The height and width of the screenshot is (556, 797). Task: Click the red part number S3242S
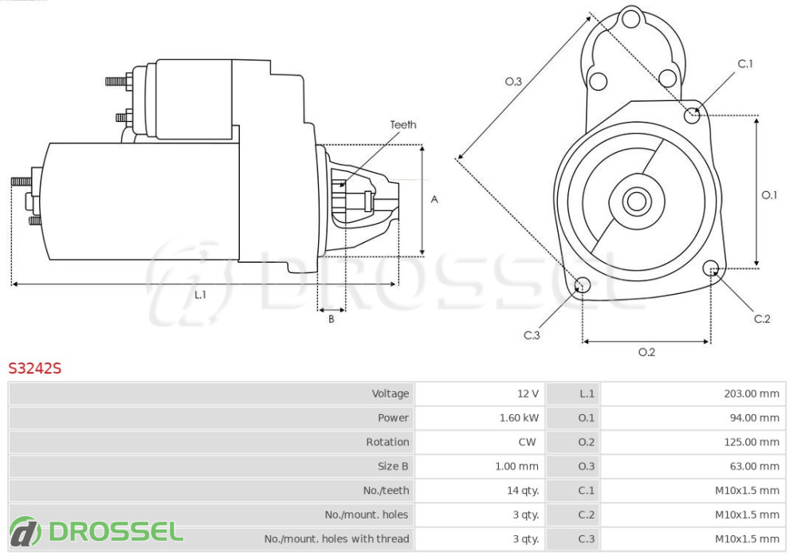pos(35,368)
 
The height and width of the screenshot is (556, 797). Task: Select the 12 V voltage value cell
pos(528,394)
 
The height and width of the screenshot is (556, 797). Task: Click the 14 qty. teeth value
pos(521,490)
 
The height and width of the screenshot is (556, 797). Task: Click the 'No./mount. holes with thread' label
pos(336,538)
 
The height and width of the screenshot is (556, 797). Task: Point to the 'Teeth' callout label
pos(402,124)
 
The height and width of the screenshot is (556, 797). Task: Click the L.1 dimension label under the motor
pos(200,295)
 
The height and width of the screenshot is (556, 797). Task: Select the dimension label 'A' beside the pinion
pos(434,199)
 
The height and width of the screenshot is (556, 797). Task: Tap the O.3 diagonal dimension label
pos(513,81)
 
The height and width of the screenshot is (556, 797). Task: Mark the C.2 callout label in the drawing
pos(762,319)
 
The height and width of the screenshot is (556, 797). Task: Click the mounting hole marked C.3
pos(583,285)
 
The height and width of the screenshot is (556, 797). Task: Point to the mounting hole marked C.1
pos(693,115)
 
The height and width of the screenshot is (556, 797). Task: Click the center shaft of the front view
pos(636,201)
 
